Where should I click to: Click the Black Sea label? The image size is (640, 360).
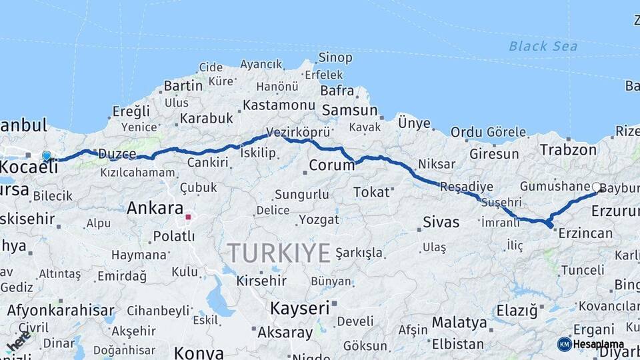pos(543,46)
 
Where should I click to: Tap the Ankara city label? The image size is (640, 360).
pos(155,208)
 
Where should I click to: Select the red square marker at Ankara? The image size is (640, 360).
pos(188,217)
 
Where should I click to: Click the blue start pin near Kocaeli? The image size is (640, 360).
pos(47,156)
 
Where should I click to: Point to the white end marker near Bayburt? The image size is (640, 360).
pos(595,187)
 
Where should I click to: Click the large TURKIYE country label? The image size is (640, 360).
pos(279,253)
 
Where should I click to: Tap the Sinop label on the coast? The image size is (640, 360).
pos(335,58)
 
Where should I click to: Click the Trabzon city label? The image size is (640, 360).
pos(568,150)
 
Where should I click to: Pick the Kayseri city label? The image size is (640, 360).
pos(299,309)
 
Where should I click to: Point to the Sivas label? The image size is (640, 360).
pos(441,222)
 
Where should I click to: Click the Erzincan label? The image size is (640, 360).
pos(585,233)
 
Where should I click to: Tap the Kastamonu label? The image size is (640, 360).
pos(279,105)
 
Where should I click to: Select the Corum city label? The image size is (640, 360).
pos(332,165)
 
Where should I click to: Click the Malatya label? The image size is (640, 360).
pos(459,323)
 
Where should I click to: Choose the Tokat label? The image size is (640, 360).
pos(371,192)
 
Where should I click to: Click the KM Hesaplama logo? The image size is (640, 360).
pos(591,344)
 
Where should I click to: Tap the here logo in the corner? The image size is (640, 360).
pos(19,342)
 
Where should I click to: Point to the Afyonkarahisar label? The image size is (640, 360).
pos(61,311)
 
